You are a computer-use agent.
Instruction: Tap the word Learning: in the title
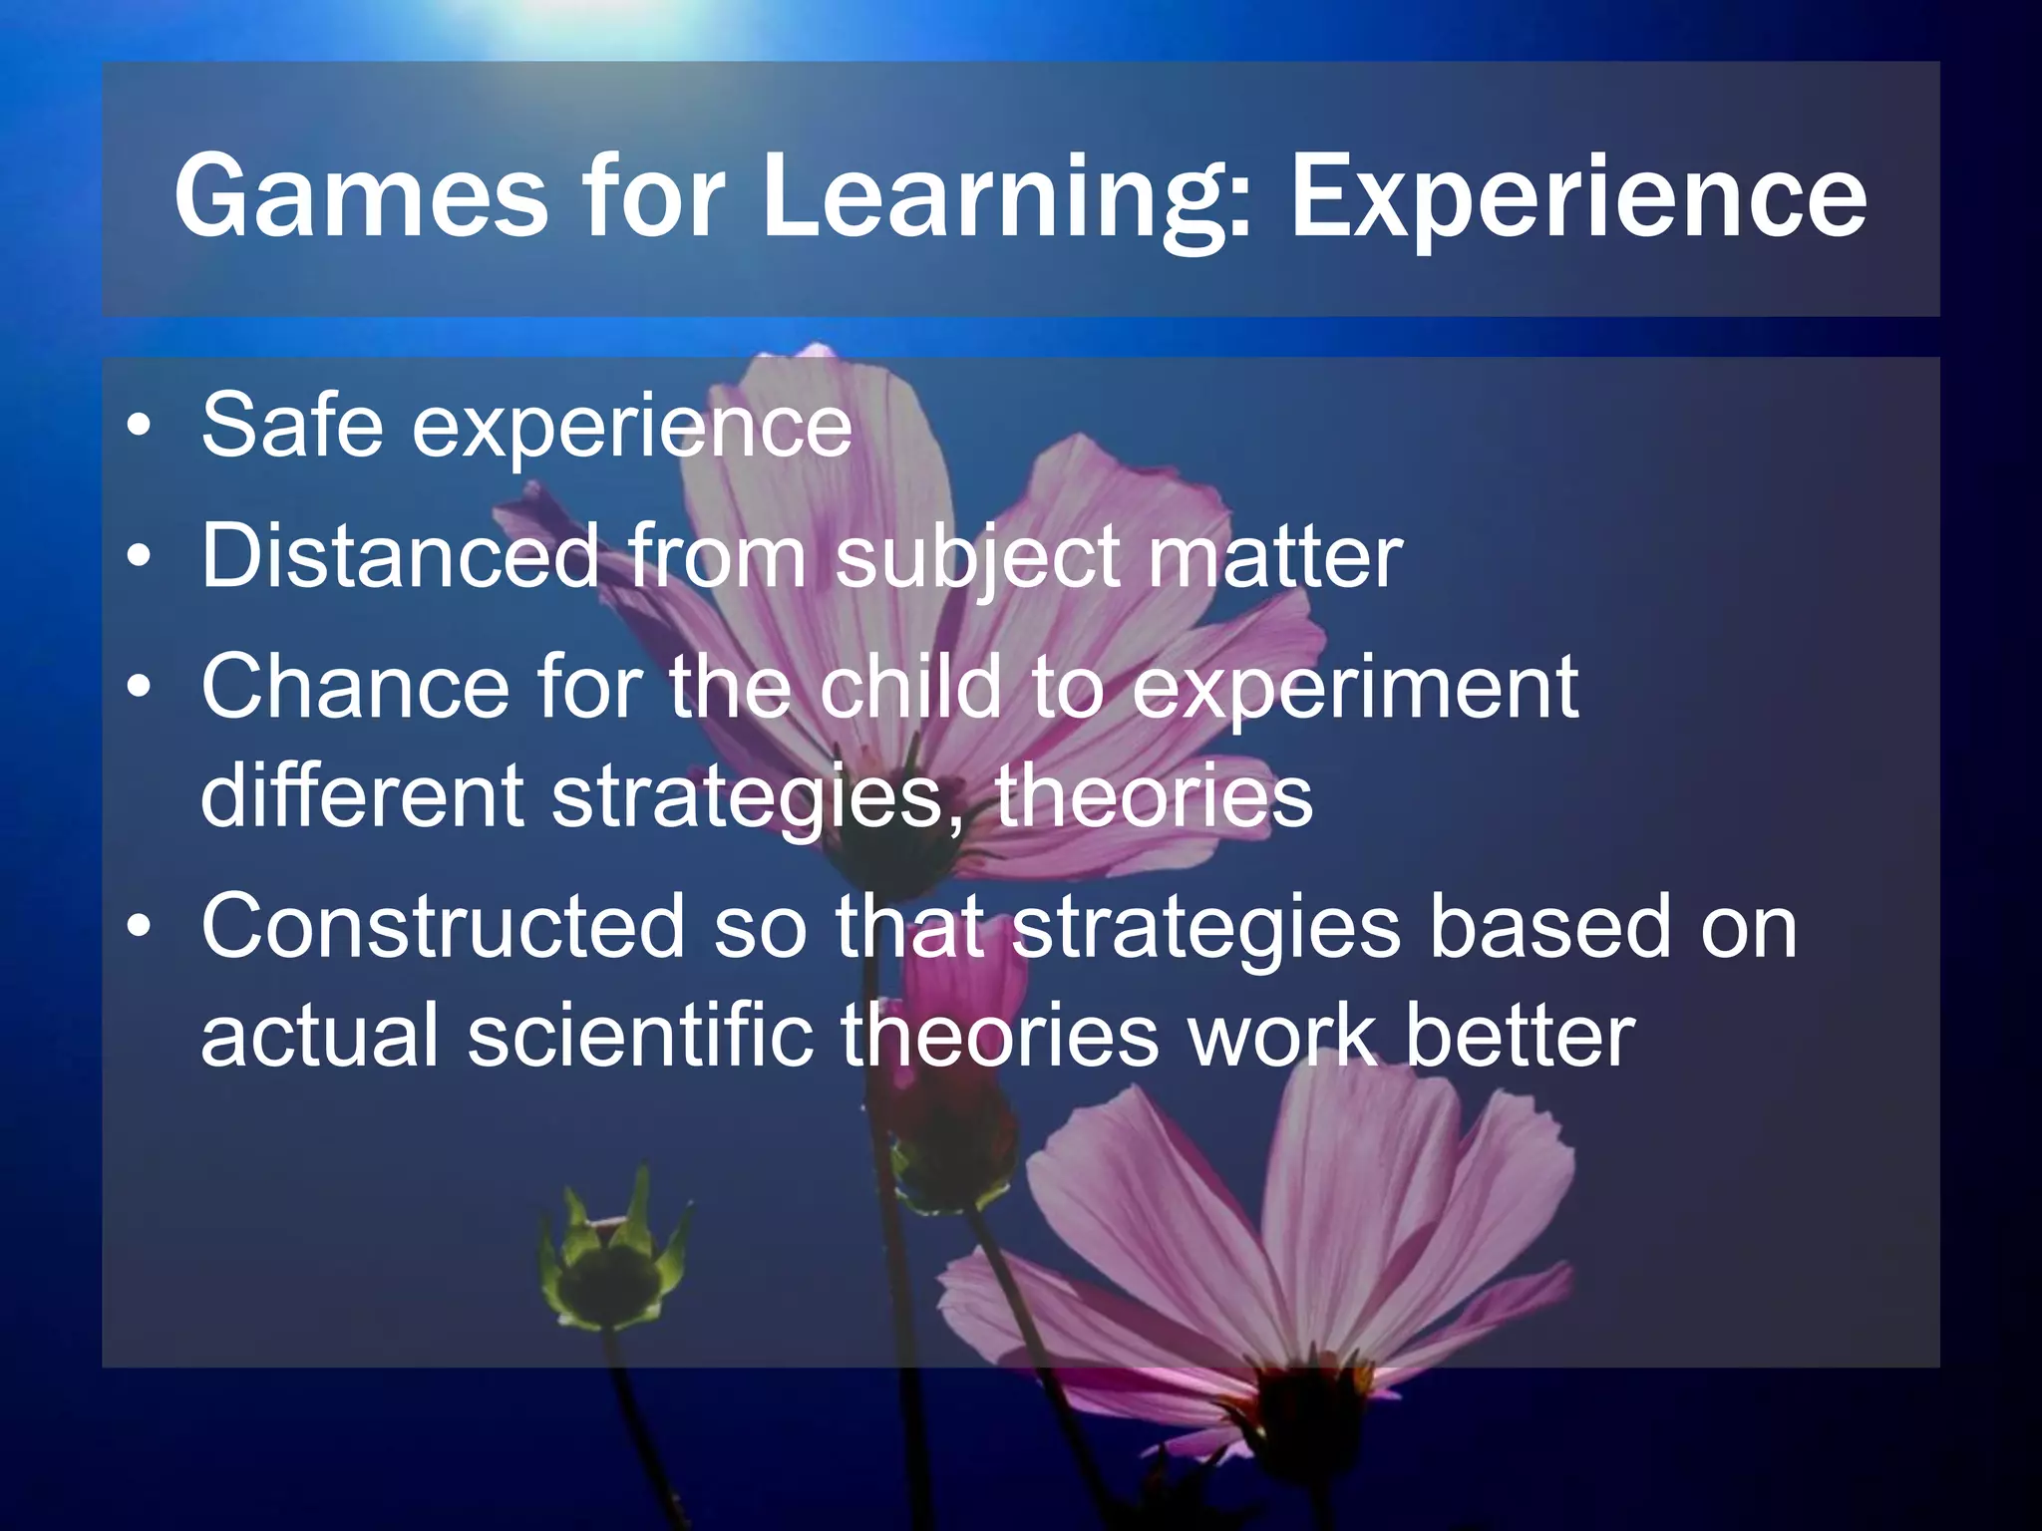click(1007, 199)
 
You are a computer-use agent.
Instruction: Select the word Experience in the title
click(1578, 199)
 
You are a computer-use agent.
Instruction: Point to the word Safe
click(292, 426)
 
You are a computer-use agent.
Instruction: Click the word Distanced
click(400, 555)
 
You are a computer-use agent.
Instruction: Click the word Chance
click(355, 687)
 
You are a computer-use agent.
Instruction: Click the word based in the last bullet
click(1549, 926)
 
